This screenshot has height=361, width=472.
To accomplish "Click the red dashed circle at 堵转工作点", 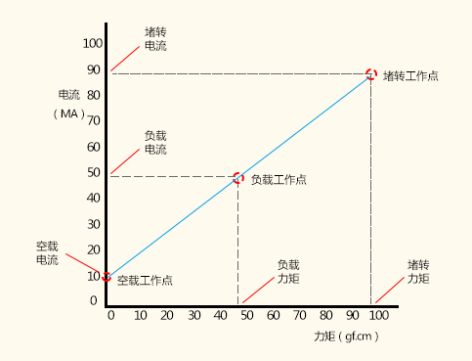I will point(371,74).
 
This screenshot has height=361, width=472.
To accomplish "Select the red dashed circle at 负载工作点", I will point(238,178).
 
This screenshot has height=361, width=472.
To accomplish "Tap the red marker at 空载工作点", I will point(107,277).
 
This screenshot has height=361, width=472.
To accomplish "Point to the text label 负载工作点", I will point(279,179).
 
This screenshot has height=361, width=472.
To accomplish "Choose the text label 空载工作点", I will point(145,281).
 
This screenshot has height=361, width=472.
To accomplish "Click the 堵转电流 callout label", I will point(155,38).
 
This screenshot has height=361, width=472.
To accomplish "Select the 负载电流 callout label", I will point(155,143).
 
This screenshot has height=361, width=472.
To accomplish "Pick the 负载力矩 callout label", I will point(288,271).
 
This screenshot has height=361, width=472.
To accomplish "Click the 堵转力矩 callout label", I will point(418,271).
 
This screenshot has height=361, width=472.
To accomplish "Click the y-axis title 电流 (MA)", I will point(68,104).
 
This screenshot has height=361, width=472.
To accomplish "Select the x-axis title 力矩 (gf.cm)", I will point(346,336).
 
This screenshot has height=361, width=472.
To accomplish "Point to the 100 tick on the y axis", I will point(92,44).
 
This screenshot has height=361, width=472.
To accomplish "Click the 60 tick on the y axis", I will point(94,147).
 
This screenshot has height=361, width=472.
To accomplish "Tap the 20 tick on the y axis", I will point(94,249).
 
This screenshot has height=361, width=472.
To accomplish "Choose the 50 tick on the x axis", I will point(247,315).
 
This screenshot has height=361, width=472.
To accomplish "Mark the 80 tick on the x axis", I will point(326,315).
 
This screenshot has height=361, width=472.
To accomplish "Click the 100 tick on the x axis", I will point(378,315).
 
